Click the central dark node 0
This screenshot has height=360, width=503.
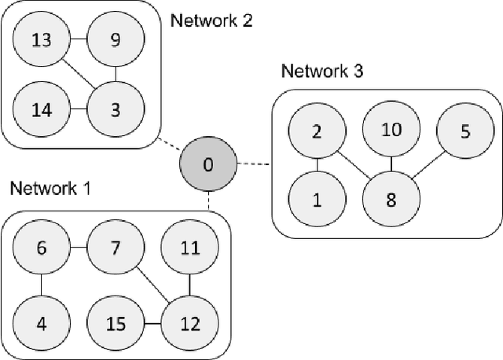207,165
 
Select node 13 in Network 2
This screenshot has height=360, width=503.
42,39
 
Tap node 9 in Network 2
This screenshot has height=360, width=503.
115,39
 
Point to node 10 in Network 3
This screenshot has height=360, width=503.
391,130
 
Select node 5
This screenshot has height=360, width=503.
465,132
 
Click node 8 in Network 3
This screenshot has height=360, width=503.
391,199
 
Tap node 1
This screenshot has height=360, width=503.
317,199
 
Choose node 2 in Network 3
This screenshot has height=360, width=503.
317,130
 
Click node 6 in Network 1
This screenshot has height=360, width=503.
42,248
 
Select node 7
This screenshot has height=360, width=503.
115,248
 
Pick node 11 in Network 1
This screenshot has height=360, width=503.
189,248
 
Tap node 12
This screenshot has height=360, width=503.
189,322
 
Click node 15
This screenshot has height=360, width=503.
115,322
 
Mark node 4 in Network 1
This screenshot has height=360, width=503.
42,322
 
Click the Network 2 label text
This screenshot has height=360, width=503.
211,20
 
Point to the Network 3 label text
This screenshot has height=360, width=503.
322,71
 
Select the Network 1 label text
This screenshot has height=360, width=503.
50,189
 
